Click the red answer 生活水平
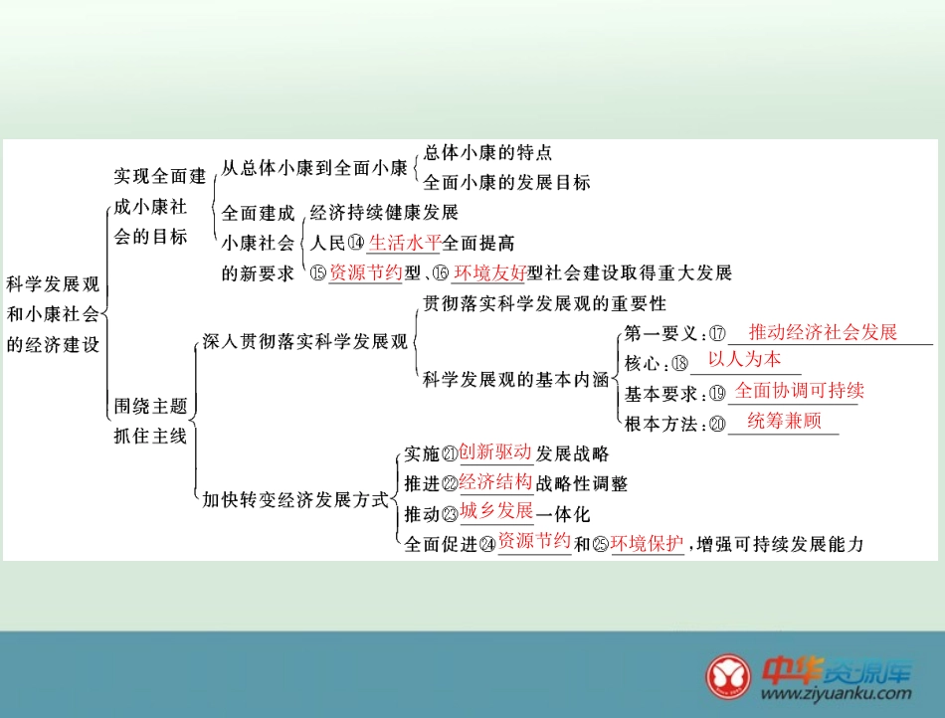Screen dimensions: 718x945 (404, 243)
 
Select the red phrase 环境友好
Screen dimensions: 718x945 (489, 272)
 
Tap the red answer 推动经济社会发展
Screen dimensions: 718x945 (823, 332)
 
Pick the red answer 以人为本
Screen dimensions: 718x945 (744, 360)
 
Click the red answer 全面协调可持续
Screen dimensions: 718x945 (799, 390)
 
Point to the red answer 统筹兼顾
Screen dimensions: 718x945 (784, 421)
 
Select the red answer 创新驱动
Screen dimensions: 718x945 (495, 453)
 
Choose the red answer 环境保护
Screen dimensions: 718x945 (648, 543)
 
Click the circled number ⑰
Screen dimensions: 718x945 (717, 334)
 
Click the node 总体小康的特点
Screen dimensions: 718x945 (487, 153)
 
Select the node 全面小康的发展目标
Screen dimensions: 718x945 (506, 183)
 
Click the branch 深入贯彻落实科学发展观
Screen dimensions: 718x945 (305, 342)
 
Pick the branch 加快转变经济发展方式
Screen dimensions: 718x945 (295, 499)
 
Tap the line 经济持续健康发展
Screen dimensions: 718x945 (384, 213)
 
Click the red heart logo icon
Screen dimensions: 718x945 (731, 676)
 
